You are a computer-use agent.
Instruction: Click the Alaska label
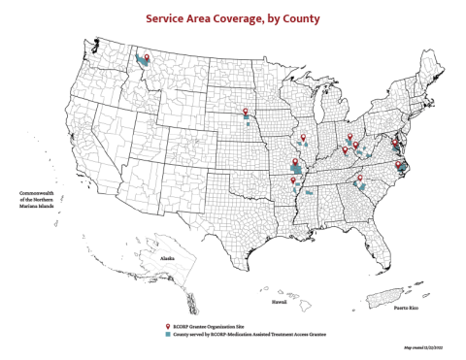pos(167,258)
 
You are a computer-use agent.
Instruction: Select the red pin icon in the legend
pos(168,325)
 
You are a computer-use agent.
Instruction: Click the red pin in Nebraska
pos(246,112)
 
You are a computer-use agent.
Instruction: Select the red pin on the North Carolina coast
pos(399,165)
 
